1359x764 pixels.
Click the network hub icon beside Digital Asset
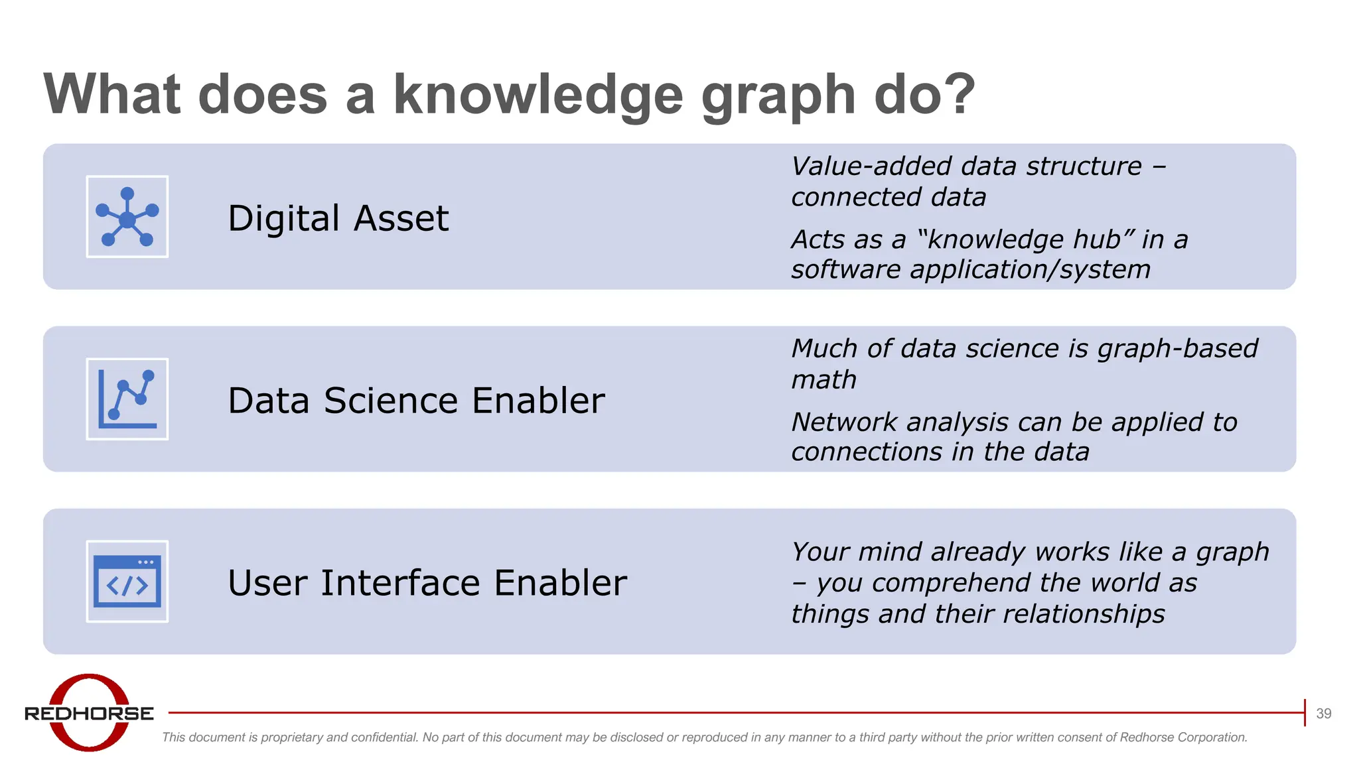(127, 217)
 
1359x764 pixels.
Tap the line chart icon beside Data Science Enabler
(127, 399)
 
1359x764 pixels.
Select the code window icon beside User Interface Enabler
(127, 582)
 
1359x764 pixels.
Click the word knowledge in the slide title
(538, 95)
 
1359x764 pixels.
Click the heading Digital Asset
(338, 218)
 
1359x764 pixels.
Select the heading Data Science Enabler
(416, 401)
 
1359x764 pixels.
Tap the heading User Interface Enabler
(427, 583)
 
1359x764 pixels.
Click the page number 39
(1323, 714)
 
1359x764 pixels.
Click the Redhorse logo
(90, 713)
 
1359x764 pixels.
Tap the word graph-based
(1177, 349)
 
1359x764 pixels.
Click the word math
(823, 380)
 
